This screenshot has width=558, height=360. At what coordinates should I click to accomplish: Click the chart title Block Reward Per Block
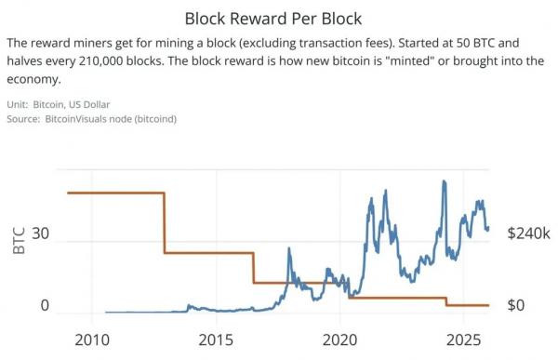(273, 19)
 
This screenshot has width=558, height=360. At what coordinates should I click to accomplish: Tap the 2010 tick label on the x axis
(92, 340)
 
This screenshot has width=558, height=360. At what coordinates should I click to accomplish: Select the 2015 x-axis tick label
(216, 340)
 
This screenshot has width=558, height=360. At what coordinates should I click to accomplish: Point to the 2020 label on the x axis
(339, 340)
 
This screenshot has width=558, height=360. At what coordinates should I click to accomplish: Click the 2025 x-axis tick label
(464, 340)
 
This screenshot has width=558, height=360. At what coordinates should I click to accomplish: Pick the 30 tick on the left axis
(40, 233)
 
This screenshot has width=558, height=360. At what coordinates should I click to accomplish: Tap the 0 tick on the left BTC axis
(45, 305)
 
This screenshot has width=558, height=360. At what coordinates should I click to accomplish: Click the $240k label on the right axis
(529, 233)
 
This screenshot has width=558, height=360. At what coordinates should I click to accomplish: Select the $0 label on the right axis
(516, 305)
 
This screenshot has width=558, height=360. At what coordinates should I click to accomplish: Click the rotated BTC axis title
(19, 240)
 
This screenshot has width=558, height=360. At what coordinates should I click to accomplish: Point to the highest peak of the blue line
(444, 180)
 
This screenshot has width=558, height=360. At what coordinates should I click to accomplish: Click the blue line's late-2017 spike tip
(289, 247)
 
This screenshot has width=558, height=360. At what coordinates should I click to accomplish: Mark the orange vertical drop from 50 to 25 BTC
(165, 223)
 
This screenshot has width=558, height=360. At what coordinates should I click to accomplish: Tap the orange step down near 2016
(254, 268)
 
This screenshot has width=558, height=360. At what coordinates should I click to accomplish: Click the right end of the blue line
(488, 227)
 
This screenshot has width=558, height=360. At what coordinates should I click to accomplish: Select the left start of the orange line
(68, 193)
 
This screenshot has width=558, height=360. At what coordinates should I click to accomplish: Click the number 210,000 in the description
(100, 60)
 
